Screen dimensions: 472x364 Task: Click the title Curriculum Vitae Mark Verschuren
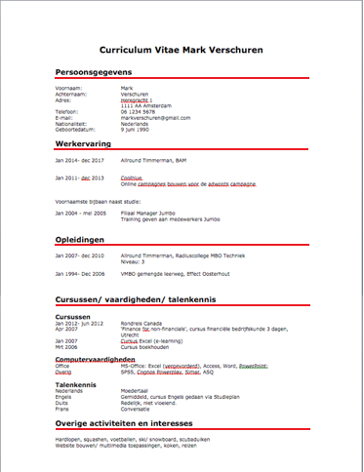click(x=181, y=49)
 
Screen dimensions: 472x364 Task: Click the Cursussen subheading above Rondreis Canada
click(x=74, y=316)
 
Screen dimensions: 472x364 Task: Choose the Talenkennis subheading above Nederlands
click(x=76, y=385)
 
